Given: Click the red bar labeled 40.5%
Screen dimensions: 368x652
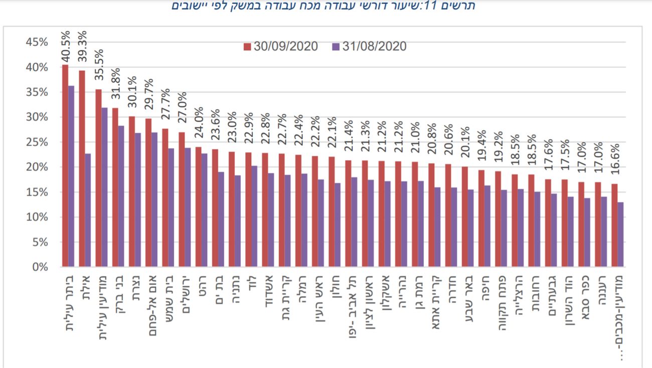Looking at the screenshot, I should click(x=65, y=165).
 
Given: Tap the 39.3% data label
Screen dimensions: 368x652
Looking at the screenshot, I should click(x=82, y=47).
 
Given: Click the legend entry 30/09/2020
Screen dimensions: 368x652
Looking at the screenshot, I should click(x=281, y=47).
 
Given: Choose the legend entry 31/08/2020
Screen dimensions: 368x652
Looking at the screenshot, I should click(x=369, y=47).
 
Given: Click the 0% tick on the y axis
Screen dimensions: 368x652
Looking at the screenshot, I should click(x=40, y=267).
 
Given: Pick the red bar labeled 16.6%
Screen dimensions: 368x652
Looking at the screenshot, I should click(x=614, y=225).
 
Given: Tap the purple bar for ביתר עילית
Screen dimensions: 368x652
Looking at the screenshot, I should click(x=71, y=176).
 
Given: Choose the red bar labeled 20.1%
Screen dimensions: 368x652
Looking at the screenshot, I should click(x=464, y=216).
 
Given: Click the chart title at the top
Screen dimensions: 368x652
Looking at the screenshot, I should click(x=324, y=6).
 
